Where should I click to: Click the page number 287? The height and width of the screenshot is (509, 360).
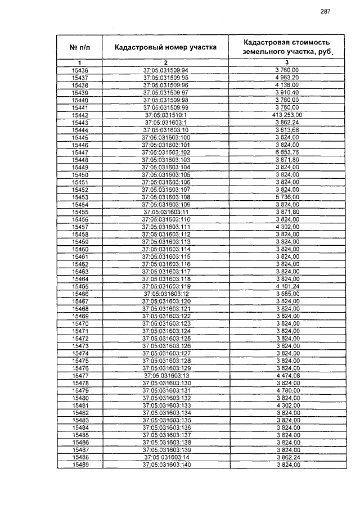[x=325, y=12]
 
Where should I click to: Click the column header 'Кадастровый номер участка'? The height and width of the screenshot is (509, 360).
[x=165, y=47]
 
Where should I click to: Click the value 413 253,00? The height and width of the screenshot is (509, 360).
[x=286, y=115]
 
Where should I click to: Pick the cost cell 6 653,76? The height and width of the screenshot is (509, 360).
[x=286, y=152]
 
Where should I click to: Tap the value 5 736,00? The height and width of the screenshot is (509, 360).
[x=286, y=197]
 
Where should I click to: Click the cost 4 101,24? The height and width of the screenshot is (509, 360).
[x=286, y=286]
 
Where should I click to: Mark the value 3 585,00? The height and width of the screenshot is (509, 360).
[x=286, y=294]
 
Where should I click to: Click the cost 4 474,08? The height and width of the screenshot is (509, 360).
[x=286, y=375]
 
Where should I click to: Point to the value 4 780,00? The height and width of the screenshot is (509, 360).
[x=286, y=390]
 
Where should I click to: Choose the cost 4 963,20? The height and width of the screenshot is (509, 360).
[x=286, y=77]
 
